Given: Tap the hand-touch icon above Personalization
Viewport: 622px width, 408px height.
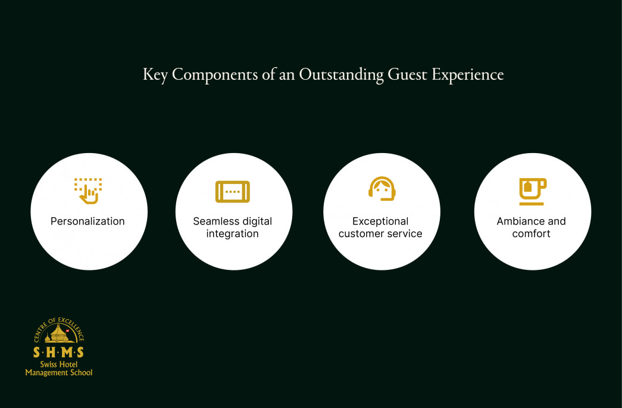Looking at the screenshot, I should [x=88, y=191].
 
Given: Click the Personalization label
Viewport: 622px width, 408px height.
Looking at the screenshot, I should [x=87, y=222].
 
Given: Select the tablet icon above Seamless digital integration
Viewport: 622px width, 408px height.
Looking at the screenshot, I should [x=233, y=192].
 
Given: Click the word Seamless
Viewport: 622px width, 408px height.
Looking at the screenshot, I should [x=213, y=222].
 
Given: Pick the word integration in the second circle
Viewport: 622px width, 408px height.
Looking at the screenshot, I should [x=233, y=234].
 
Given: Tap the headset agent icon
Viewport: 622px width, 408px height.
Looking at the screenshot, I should [x=382, y=189].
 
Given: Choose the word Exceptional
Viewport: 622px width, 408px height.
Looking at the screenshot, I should [x=380, y=222].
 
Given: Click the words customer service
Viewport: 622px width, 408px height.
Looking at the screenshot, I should [x=380, y=234].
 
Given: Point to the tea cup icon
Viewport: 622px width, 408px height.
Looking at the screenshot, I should [x=532, y=191].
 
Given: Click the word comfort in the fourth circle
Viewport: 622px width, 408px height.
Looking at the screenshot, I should [x=532, y=234].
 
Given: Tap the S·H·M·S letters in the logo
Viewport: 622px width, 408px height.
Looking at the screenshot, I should [x=59, y=352].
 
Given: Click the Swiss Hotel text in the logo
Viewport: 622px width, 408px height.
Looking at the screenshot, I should [x=59, y=365].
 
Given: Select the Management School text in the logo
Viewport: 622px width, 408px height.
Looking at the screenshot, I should [x=59, y=373].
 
